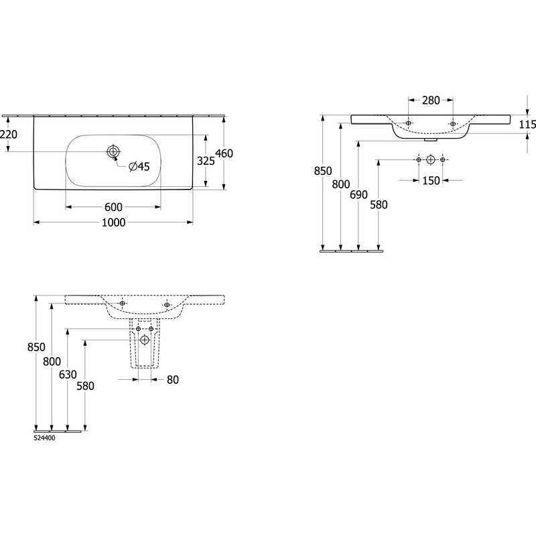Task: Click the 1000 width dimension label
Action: tap(114, 222)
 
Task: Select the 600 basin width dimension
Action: tap(113, 207)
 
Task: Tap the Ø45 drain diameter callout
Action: tap(139, 166)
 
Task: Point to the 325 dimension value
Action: tap(206, 161)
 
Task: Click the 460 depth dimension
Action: tap(224, 153)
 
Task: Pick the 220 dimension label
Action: tap(9, 135)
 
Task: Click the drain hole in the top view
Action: tap(113, 151)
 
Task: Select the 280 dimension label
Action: tap(431, 100)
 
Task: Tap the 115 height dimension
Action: tap(527, 125)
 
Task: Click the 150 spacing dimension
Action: tap(431, 180)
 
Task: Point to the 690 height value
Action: tap(358, 195)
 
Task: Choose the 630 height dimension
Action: tap(68, 375)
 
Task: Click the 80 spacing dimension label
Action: tap(173, 380)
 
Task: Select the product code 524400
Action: tap(44, 438)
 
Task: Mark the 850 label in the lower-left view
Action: tap(36, 347)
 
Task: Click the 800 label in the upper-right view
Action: tap(341, 185)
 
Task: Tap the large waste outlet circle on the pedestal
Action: tap(145, 340)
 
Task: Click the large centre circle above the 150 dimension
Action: tap(431, 159)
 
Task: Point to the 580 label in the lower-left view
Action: tap(85, 386)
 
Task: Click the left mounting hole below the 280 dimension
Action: tap(409, 123)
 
